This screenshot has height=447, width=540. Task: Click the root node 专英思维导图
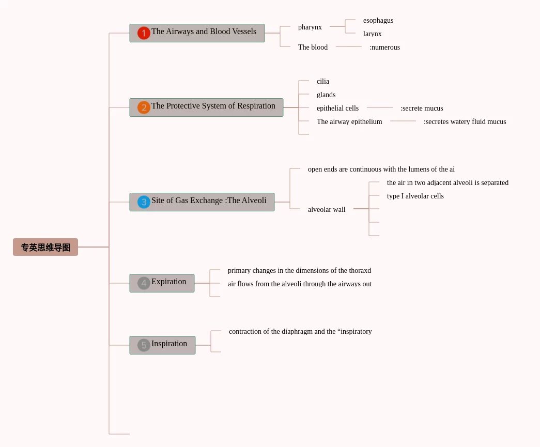(45, 248)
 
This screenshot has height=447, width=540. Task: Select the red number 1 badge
(144, 33)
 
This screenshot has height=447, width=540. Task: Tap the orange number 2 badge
(144, 107)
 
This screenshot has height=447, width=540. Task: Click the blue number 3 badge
(144, 202)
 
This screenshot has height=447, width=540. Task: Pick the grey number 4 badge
(144, 283)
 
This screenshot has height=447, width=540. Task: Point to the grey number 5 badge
(144, 345)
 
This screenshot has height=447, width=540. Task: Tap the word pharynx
(310, 27)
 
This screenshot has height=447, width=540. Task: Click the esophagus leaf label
(378, 20)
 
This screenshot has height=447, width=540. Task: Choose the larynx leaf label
(373, 34)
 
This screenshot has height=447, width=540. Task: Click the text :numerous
(384, 47)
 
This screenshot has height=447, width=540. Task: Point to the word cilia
(323, 81)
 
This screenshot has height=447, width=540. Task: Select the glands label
(326, 95)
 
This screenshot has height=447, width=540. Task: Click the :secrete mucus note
(422, 108)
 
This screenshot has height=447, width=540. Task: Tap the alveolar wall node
(327, 209)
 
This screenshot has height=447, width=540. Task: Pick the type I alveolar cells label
(415, 196)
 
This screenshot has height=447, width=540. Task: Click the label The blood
(313, 47)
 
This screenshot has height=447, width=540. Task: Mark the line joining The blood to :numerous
(349, 47)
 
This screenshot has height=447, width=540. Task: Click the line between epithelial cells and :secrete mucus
(380, 107)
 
